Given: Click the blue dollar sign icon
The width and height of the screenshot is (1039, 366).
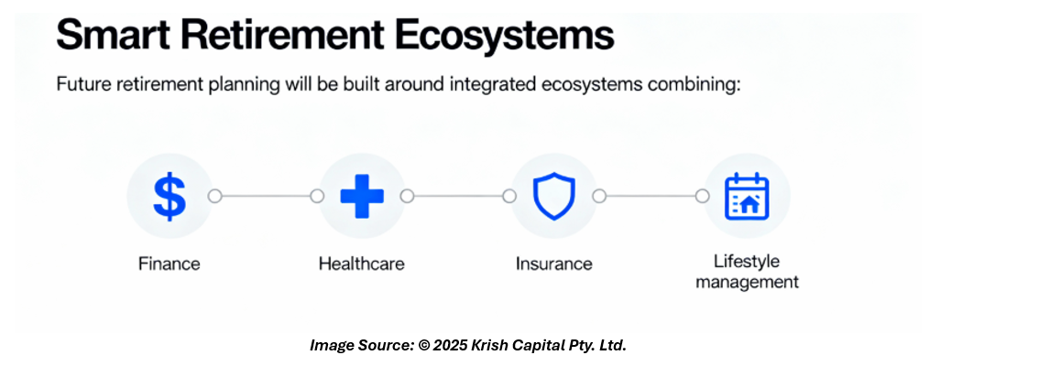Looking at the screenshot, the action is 169,197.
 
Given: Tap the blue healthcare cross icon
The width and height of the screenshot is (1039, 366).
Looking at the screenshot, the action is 362,196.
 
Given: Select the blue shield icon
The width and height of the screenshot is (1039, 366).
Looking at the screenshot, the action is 554,196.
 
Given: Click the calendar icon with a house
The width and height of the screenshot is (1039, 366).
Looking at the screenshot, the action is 747,197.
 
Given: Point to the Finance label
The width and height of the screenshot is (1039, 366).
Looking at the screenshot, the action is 169,264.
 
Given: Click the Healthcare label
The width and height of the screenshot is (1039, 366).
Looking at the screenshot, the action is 361,264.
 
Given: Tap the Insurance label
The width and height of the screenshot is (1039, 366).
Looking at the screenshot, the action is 554,264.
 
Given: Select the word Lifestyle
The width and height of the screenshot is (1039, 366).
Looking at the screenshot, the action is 747,262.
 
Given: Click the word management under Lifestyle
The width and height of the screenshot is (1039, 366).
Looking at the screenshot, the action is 747,282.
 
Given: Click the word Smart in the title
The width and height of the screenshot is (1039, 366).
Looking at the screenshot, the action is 113,36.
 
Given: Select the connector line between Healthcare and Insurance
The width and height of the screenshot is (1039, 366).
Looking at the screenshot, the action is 458,197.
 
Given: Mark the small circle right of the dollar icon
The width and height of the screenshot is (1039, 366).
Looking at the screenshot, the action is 214,197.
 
